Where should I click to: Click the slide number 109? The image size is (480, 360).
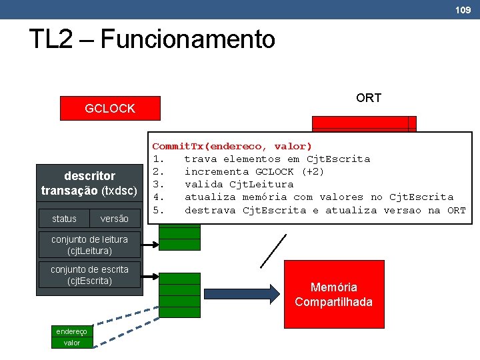463,9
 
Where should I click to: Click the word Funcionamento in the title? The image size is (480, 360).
187,39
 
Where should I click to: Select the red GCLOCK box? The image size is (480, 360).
110,108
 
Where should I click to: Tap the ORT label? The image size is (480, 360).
368,98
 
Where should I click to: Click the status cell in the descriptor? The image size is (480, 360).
65,219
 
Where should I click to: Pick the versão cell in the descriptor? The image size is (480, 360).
114,219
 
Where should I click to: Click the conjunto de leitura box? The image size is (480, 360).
90,245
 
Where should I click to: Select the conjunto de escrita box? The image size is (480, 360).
90,275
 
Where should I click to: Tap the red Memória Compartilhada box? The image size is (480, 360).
333,295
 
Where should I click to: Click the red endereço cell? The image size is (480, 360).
71,331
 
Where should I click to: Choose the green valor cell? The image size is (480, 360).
71,343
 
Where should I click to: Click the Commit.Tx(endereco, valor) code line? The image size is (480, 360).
232,146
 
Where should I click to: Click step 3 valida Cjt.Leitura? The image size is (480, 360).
238,184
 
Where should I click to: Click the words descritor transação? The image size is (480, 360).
89,183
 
